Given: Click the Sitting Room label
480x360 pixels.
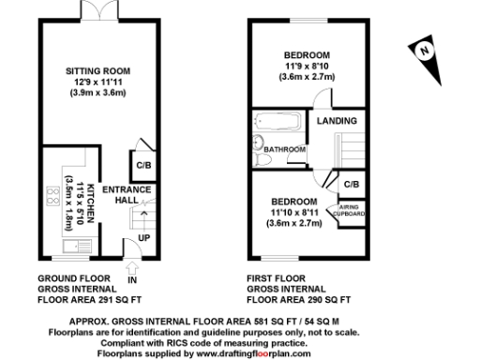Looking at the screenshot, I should coord(97,70).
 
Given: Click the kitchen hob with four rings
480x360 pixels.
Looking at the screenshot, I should coord(51,198).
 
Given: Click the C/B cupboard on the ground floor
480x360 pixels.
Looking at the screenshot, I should coord(144,166).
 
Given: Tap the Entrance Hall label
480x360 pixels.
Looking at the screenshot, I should coord(119,193).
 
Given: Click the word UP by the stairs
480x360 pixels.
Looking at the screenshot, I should coord(143,237).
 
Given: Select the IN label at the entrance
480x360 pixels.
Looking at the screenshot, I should coord(132,279).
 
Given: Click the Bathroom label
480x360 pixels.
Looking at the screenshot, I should coord(283,149).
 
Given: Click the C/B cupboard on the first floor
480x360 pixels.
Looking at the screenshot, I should coord(351,184).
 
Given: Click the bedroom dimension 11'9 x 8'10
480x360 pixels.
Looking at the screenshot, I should coord(307,67).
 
